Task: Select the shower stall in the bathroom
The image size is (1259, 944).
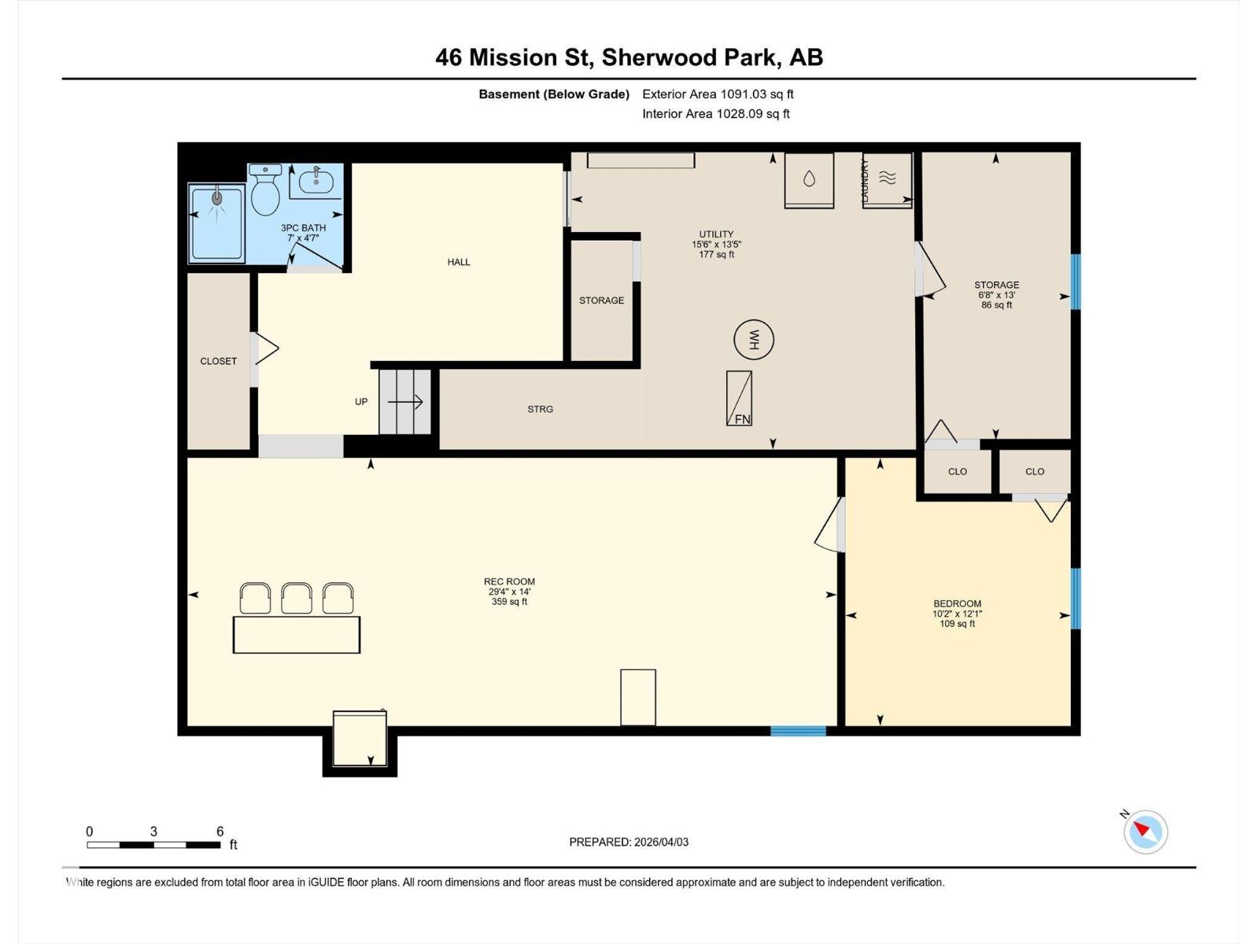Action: (x=216, y=223)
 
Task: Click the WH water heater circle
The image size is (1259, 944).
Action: (x=753, y=340)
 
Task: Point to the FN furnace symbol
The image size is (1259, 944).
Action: (x=739, y=399)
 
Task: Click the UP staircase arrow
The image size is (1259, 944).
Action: (x=404, y=402)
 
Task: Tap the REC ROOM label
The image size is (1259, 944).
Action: (x=509, y=582)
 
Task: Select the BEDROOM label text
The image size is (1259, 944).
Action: (x=957, y=604)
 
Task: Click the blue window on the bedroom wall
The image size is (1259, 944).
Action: (x=1076, y=598)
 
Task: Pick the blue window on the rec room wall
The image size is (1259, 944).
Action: (x=798, y=731)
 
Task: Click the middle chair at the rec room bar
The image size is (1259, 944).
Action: (x=297, y=598)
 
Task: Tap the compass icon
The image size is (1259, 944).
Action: (x=1145, y=832)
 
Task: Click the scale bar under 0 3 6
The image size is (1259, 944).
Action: (x=153, y=845)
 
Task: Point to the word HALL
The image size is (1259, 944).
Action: (x=459, y=262)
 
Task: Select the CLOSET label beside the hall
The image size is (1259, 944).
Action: (x=218, y=361)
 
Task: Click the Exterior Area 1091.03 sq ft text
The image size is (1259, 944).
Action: (x=718, y=94)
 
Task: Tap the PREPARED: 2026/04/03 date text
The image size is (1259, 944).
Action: (x=629, y=842)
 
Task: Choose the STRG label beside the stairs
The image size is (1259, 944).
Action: (x=540, y=409)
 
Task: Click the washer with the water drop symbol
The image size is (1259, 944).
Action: (x=809, y=180)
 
